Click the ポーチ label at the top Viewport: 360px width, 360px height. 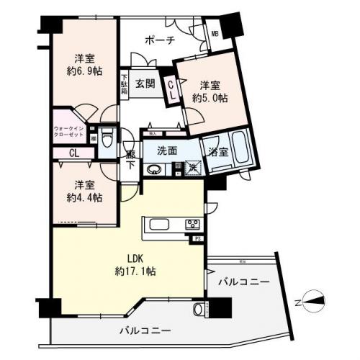[159, 40]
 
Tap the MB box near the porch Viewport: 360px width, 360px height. [215, 33]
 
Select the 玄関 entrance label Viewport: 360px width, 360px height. [145, 84]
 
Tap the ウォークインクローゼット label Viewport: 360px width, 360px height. [68, 132]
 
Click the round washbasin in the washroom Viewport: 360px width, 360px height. [153, 170]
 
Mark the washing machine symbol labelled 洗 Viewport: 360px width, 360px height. [192, 167]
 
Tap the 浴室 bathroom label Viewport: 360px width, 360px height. [218, 153]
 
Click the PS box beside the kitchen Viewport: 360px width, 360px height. [196, 237]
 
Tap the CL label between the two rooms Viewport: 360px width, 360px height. [74, 153]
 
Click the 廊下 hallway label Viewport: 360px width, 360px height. [130, 159]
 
